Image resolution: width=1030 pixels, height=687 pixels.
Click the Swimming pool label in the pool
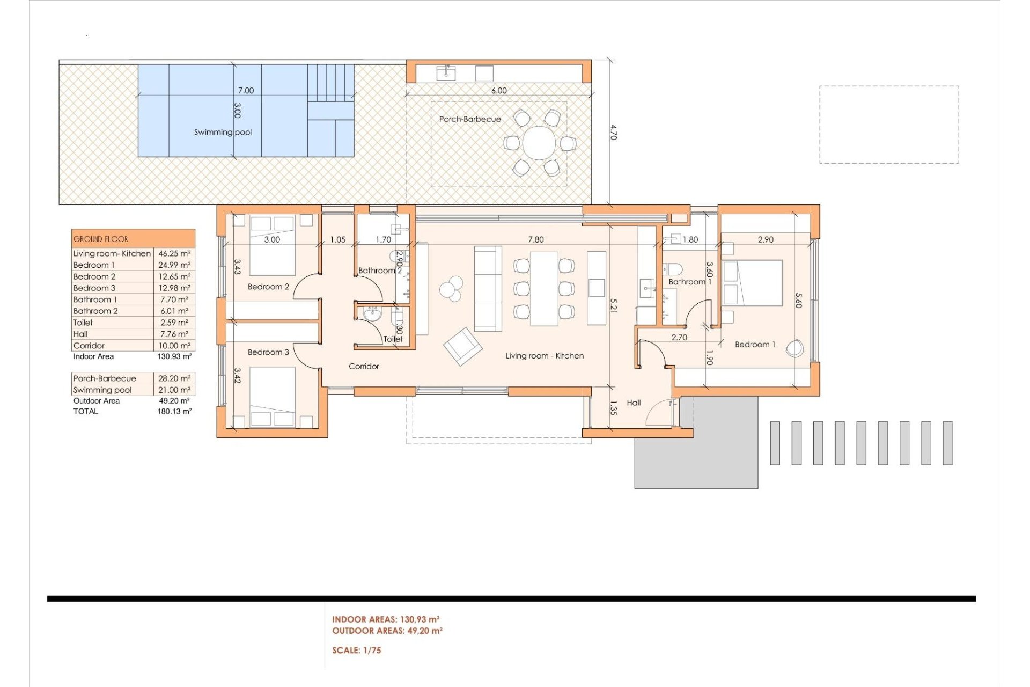[223, 132]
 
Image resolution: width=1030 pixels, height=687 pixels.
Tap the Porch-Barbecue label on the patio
[470, 119]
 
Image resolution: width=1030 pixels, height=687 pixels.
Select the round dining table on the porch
[539, 143]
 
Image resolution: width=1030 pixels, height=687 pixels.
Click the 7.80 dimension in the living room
[535, 239]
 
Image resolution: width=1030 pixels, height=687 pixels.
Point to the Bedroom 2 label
[268, 287]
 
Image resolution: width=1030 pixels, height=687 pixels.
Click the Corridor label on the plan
[364, 366]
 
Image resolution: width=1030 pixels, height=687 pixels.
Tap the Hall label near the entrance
[634, 403]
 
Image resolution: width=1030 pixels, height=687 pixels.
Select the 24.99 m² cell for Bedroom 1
[174, 265]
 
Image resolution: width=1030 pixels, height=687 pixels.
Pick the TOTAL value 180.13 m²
[174, 412]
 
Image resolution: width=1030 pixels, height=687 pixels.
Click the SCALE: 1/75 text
[356, 651]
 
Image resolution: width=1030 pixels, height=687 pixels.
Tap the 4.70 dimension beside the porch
[614, 132]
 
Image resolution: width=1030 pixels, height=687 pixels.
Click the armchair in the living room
[462, 346]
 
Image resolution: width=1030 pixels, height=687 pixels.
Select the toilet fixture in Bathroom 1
[672, 268]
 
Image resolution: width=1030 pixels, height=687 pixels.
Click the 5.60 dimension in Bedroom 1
[798, 300]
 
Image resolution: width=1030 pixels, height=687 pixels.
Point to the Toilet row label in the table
[83, 323]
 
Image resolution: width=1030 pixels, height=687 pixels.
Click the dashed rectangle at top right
[889, 125]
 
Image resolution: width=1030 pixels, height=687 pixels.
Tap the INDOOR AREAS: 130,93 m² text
[386, 619]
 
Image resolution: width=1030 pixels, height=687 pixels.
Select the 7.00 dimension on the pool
[246, 91]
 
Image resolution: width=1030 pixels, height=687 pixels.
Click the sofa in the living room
[488, 289]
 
